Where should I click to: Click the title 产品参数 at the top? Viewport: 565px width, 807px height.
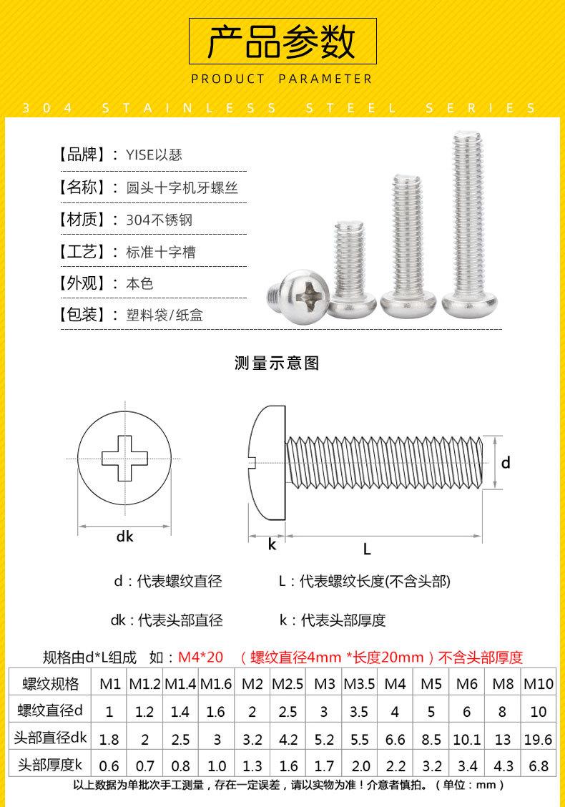tap(281, 44)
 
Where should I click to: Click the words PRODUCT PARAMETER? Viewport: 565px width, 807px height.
tap(282, 79)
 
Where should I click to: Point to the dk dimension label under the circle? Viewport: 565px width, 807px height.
tap(124, 537)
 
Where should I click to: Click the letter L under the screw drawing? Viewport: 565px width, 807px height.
tap(367, 549)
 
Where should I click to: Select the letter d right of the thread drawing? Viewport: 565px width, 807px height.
tap(506, 463)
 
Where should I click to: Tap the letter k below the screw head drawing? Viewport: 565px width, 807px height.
tap(272, 544)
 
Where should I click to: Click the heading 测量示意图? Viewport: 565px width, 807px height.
tap(277, 363)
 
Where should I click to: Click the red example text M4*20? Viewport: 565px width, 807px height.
tap(200, 657)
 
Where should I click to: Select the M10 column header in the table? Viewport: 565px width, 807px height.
tap(539, 684)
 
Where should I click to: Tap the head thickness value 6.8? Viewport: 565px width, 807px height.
tap(539, 766)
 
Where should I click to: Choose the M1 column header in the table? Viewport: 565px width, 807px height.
tap(109, 684)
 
